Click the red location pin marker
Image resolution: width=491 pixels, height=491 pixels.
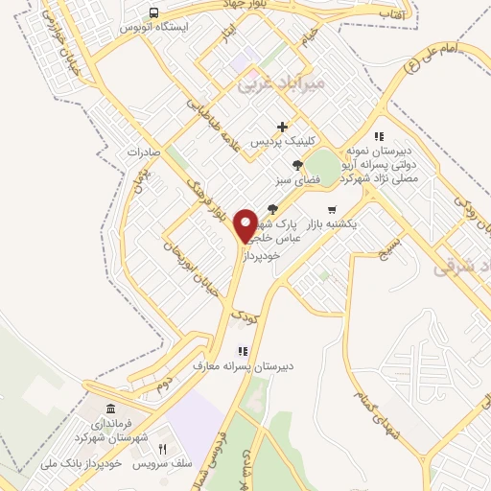point(247,224)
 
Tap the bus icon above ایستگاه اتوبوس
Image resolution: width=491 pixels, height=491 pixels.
point(154,12)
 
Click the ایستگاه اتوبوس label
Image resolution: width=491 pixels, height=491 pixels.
point(153,28)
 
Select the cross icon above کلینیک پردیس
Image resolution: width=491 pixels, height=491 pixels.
point(282,127)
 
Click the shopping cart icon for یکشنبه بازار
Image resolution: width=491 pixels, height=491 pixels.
point(332,209)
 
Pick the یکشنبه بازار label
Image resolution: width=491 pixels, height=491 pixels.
point(337,222)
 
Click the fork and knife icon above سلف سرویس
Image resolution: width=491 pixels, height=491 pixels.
point(162,449)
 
